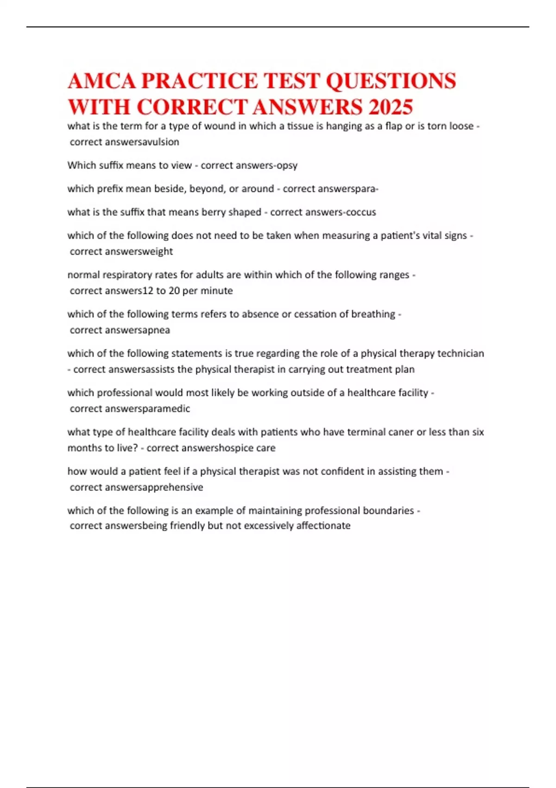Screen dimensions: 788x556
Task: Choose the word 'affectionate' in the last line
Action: pos(323,526)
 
